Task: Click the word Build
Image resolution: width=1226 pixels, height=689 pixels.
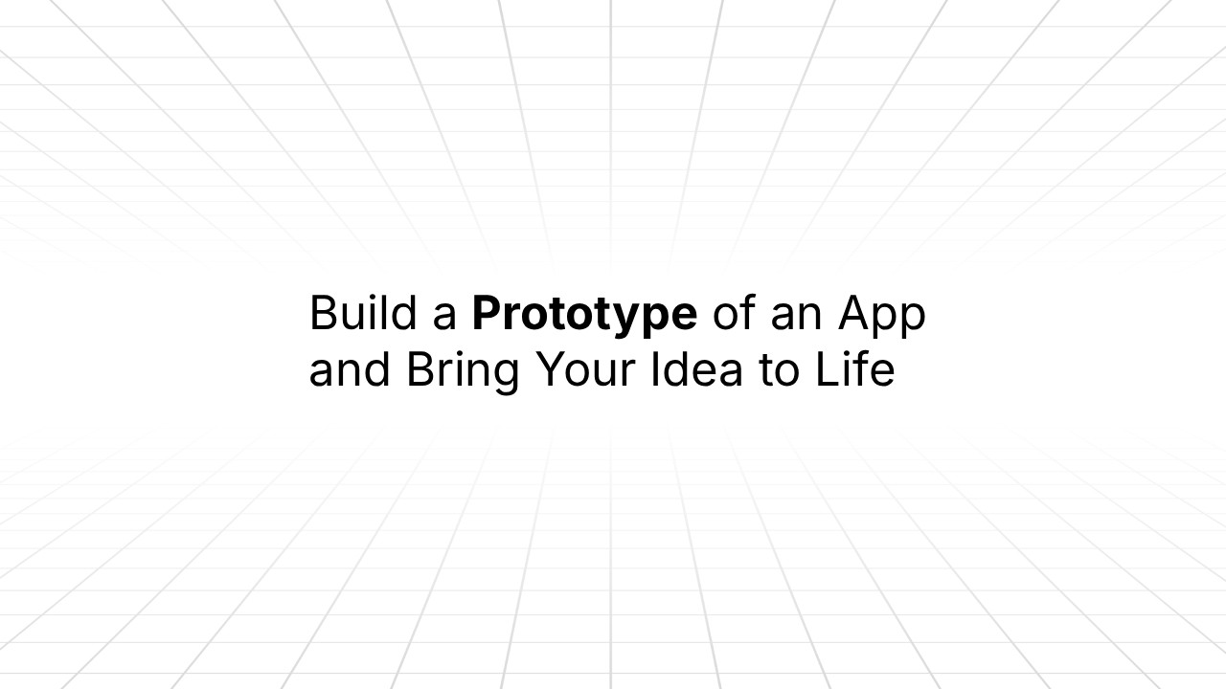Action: tap(361, 314)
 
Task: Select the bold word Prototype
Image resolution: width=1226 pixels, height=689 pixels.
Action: tap(584, 314)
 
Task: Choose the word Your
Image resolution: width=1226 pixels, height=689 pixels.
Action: tap(585, 370)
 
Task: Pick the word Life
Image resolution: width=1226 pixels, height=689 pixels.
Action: tap(855, 370)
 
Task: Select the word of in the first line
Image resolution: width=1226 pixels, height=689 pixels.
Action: tap(734, 314)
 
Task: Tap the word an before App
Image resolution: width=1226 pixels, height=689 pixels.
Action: tap(797, 314)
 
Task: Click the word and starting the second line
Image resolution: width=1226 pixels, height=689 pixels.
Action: tap(350, 370)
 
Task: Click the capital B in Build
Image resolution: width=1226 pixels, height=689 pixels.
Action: tap(323, 314)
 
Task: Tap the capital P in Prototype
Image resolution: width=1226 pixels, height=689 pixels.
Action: tap(487, 314)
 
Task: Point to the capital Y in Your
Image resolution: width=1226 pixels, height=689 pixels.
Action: tap(550, 370)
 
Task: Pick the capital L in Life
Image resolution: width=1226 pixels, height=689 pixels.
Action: tap(827, 370)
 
